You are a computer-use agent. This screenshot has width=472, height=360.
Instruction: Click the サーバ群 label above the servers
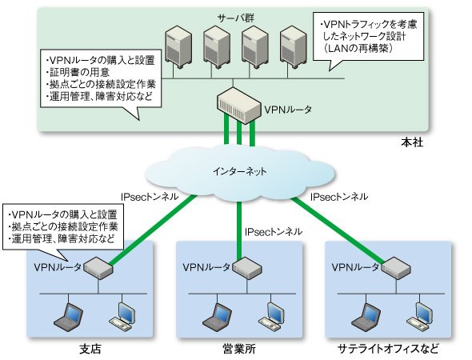[236, 18]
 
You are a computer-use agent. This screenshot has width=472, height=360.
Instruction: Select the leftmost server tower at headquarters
[178, 46]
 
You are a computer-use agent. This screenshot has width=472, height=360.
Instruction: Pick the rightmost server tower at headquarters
[293, 46]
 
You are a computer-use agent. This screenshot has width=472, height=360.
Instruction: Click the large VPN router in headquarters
[238, 105]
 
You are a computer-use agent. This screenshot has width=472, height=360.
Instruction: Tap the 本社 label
[412, 142]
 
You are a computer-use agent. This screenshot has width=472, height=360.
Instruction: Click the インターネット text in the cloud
[240, 171]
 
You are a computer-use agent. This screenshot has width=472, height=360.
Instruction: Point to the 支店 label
[90, 349]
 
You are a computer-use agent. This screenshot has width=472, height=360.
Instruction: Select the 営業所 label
[239, 349]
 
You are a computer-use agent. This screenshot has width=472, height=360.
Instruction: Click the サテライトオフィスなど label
[388, 349]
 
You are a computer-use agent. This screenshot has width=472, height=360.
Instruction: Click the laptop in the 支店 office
[69, 317]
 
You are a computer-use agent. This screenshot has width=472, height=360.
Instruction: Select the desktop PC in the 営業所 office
[271, 316]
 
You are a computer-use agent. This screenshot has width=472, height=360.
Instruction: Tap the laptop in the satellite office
[366, 317]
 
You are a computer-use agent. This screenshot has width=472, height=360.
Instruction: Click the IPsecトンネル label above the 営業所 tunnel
[274, 232]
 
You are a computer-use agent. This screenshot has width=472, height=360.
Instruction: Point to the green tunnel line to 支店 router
[152, 230]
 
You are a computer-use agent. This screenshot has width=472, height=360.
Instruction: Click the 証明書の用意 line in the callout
[78, 73]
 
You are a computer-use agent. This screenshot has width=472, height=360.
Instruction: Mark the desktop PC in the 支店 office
[122, 316]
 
